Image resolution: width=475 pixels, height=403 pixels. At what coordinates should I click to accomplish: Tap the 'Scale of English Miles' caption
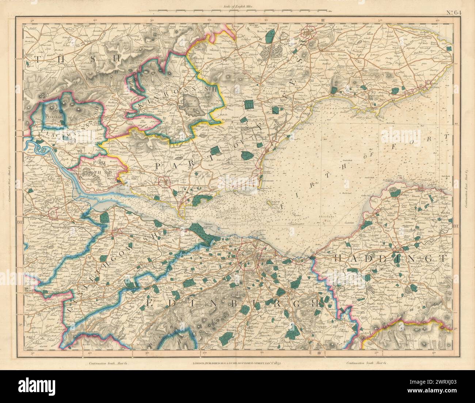click(x=238, y=6)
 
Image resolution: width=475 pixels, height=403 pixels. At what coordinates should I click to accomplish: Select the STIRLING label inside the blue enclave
click(x=53, y=116)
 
